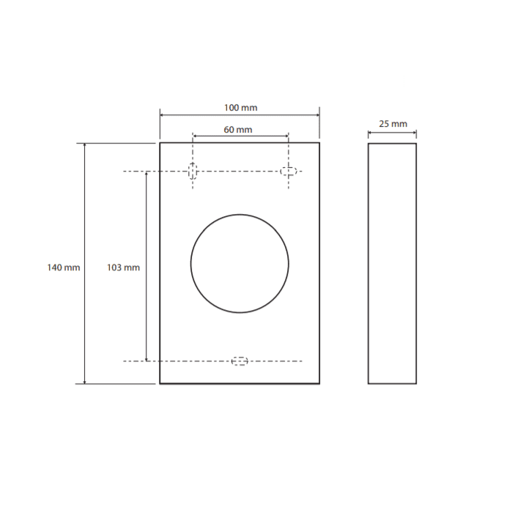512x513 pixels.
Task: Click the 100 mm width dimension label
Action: click(x=241, y=108)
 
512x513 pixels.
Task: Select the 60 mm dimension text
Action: click(x=238, y=130)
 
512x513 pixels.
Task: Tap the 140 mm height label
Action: click(x=64, y=267)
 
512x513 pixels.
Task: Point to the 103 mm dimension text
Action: click(x=123, y=267)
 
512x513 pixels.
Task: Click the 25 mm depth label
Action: click(x=393, y=124)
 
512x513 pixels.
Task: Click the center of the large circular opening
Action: click(x=240, y=264)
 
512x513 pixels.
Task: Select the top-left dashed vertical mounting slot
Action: click(x=193, y=171)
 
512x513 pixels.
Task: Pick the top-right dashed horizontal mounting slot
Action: click(x=289, y=171)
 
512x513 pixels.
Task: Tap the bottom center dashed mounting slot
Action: click(x=240, y=361)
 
